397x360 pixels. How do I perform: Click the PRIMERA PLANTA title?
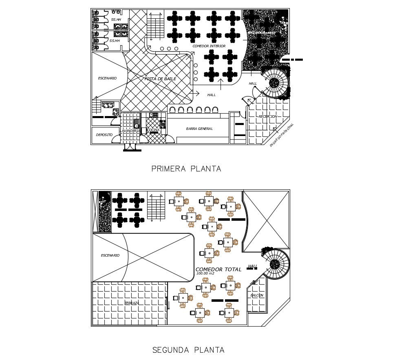(186, 169)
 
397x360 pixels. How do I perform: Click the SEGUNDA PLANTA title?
(188, 350)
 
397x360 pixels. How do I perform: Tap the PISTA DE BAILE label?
(160, 79)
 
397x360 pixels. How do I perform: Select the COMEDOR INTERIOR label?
(209, 46)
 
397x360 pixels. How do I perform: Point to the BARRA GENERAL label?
(199, 129)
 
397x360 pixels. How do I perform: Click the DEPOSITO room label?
(104, 135)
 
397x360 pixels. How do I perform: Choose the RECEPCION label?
(268, 116)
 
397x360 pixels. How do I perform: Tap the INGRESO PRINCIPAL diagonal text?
(282, 135)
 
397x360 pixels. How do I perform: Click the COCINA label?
(153, 130)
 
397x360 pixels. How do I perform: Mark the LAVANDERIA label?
(130, 131)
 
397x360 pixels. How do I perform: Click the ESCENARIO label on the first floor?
(107, 78)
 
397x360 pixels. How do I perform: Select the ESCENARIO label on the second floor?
(110, 255)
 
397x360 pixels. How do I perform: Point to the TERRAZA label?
(132, 303)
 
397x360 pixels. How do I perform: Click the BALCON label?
(257, 295)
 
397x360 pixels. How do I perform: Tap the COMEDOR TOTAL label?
(218, 269)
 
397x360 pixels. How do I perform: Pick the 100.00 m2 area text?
(205, 274)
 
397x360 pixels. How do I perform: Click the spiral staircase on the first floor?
(275, 83)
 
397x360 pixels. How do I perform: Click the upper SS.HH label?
(116, 20)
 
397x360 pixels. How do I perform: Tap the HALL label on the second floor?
(253, 266)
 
